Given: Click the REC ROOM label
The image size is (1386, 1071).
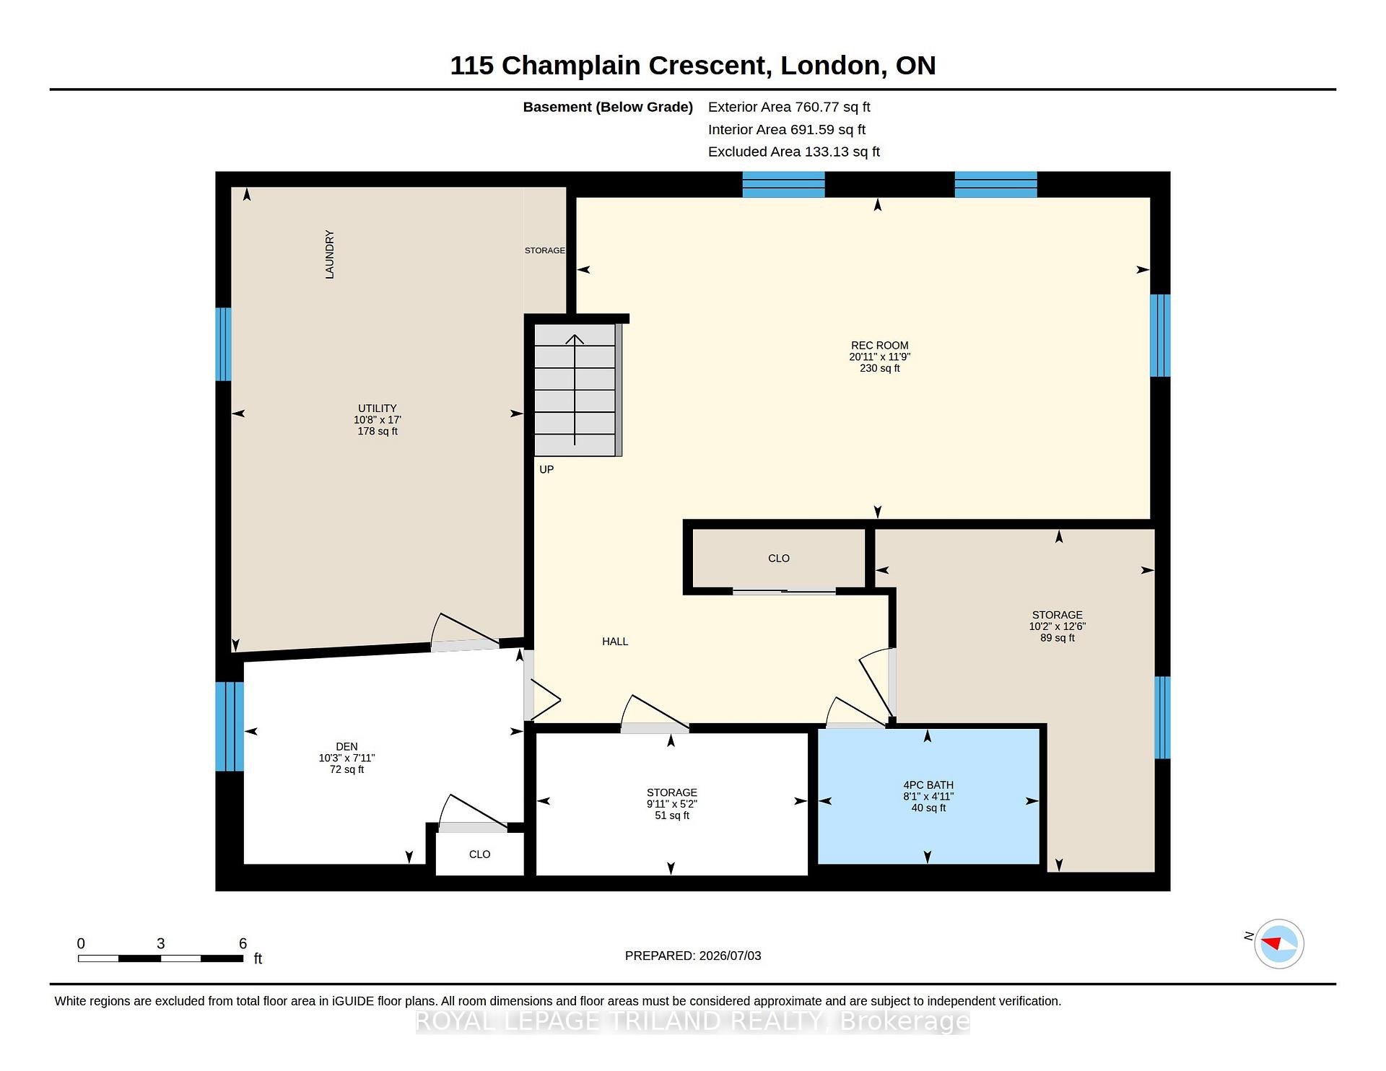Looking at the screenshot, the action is point(879,346).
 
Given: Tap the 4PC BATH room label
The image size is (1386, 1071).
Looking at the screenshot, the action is point(928,785).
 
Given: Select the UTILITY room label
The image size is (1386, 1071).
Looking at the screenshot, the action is point(378,408).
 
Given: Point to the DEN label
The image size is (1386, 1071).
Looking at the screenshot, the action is point(346,747).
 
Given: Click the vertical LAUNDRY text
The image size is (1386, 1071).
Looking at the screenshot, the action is point(329,254).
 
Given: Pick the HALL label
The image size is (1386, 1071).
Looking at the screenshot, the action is point(615,642).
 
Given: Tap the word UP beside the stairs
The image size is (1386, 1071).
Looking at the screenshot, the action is point(546,470).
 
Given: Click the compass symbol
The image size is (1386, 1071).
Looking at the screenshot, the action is point(1279,944).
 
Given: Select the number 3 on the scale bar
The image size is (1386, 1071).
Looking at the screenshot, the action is point(161,944).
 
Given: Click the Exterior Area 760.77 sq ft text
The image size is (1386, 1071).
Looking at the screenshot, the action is point(789,108).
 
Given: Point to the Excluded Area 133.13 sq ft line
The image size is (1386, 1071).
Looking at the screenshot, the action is point(794,152).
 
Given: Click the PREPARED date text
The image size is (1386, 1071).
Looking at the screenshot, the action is point(693,956).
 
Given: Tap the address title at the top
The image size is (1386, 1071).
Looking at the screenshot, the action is point(693,66).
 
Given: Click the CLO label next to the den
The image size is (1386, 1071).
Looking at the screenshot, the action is point(479,854).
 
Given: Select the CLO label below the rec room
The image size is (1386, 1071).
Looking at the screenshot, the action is point(779,559).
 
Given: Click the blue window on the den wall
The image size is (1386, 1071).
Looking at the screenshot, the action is point(230,727).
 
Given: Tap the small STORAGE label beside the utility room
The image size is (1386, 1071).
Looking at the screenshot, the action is point(545,250).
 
